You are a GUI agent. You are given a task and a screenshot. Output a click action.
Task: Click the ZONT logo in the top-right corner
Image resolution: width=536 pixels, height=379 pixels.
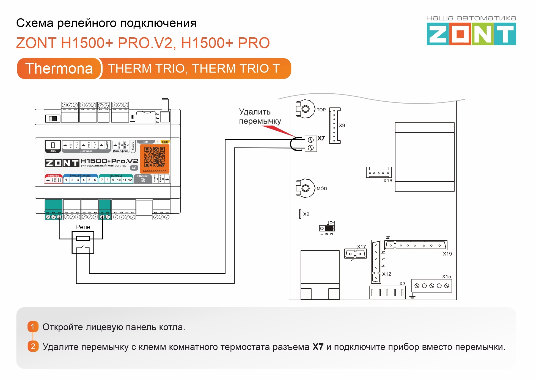click(471, 34)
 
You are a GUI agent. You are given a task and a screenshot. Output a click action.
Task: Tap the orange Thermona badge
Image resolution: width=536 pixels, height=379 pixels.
click(59, 68)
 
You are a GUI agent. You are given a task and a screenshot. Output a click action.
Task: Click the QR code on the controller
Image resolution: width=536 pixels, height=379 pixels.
click(155, 157)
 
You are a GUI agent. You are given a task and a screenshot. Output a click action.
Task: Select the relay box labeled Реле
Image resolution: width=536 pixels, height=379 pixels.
click(83, 242)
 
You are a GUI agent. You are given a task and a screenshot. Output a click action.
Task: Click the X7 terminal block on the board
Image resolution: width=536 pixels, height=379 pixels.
click(311, 144)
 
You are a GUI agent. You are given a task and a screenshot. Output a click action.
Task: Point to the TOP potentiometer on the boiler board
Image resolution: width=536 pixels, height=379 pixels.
click(305, 109)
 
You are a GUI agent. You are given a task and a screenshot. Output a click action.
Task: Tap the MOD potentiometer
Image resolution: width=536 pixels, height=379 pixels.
click(305, 188)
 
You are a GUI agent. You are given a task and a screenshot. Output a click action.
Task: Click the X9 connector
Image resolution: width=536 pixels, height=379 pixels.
click(335, 126)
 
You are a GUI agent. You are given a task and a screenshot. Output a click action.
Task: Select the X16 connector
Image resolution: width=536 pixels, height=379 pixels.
click(379, 172)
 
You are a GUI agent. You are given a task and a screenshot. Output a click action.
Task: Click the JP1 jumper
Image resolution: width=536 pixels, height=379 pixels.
click(327, 228)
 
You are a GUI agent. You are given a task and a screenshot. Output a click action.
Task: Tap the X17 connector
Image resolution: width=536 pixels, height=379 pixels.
click(355, 254)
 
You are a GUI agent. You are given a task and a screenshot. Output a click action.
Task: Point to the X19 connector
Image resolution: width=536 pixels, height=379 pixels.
click(416, 245)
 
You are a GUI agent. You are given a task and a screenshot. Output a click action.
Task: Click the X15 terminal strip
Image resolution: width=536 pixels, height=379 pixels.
click(431, 286)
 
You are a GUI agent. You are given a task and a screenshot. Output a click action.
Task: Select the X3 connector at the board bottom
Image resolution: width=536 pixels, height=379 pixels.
click(387, 292)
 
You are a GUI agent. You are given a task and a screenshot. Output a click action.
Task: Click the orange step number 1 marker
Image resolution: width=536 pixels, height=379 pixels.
click(33, 327)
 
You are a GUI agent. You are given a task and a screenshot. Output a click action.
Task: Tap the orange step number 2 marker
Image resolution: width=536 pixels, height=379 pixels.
click(33, 346)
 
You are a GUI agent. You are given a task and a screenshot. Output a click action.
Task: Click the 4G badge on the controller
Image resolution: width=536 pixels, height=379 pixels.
click(134, 168)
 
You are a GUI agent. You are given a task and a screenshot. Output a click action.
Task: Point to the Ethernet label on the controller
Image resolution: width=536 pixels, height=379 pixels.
click(143, 176)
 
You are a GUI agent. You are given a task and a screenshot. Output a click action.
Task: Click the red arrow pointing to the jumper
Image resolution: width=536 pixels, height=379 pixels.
click(278, 131)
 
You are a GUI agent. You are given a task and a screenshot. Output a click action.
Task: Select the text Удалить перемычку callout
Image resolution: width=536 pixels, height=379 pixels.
click(260, 116)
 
